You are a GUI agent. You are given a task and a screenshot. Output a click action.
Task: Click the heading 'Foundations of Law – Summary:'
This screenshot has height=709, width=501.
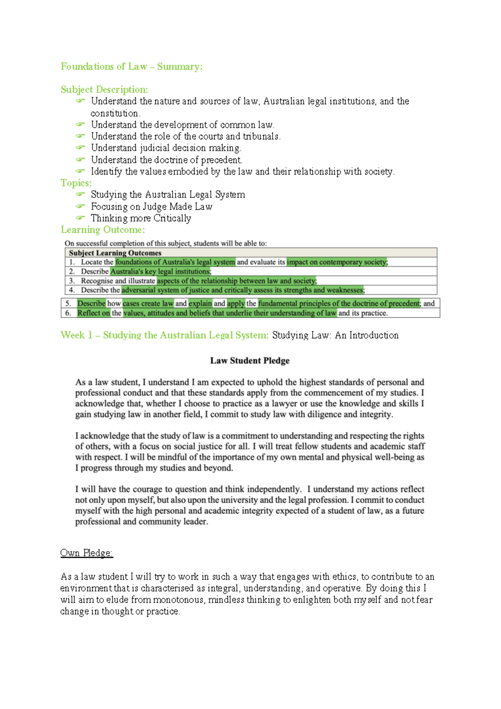click(132, 67)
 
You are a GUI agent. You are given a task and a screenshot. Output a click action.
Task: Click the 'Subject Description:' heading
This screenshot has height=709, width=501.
click(104, 90)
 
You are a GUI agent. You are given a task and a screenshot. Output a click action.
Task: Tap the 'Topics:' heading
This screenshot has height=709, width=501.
click(76, 183)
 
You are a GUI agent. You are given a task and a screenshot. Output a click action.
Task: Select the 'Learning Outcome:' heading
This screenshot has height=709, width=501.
click(103, 230)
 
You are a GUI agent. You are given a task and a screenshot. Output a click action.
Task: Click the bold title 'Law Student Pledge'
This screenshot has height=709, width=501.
click(250, 361)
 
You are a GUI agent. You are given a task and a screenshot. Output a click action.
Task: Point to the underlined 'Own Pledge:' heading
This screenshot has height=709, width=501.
click(86, 553)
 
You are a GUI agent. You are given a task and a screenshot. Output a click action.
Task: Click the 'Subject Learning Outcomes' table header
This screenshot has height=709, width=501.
click(115, 253)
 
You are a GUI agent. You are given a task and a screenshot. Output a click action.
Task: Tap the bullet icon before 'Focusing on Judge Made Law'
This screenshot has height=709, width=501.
click(80, 206)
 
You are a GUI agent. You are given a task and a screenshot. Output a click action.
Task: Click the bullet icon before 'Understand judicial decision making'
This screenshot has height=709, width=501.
click(80, 148)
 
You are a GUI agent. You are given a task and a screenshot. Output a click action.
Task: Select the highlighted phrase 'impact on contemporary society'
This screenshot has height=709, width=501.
click(337, 262)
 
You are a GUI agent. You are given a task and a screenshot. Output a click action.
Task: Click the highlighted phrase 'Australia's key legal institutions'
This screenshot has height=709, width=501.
click(161, 271)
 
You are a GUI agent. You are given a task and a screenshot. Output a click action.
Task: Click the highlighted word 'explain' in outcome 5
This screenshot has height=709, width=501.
click(200, 304)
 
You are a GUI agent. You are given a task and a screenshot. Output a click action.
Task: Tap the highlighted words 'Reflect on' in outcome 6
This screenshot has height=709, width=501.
click(94, 313)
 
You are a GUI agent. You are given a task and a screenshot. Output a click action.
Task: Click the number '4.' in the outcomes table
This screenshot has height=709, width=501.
click(72, 290)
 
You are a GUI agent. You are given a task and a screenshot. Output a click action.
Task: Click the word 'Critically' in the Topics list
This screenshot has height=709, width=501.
click(172, 218)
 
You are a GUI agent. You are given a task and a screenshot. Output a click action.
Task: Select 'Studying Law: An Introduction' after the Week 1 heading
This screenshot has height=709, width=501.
click(335, 335)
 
